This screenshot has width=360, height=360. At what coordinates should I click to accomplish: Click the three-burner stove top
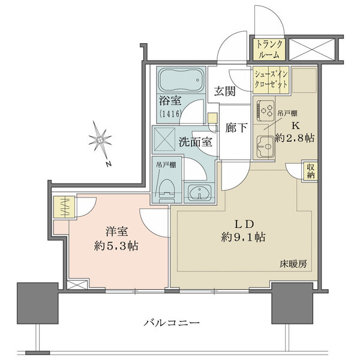(266, 110)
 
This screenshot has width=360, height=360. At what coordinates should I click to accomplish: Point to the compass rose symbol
(100, 142)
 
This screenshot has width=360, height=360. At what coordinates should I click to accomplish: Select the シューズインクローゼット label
(272, 78)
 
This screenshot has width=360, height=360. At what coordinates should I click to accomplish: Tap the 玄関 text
(224, 92)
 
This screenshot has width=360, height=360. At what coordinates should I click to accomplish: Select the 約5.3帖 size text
(116, 246)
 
